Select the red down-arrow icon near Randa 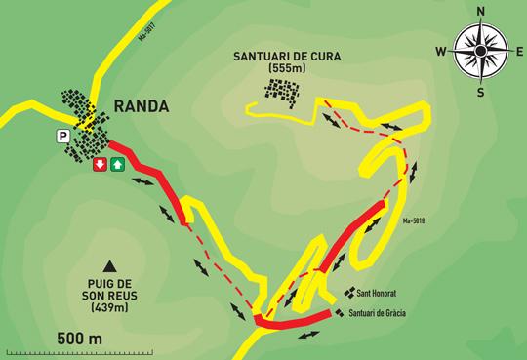pyautogui.click(x=99, y=165)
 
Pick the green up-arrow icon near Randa pyautogui.click(x=117, y=165)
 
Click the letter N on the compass pyautogui.click(x=479, y=12)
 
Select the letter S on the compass pyautogui.click(x=479, y=92)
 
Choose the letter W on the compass pyautogui.click(x=440, y=51)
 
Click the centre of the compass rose pyautogui.click(x=479, y=51)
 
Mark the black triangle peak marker pyautogui.click(x=109, y=265)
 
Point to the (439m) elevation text pyautogui.click(x=109, y=309)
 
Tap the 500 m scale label pyautogui.click(x=80, y=338)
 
